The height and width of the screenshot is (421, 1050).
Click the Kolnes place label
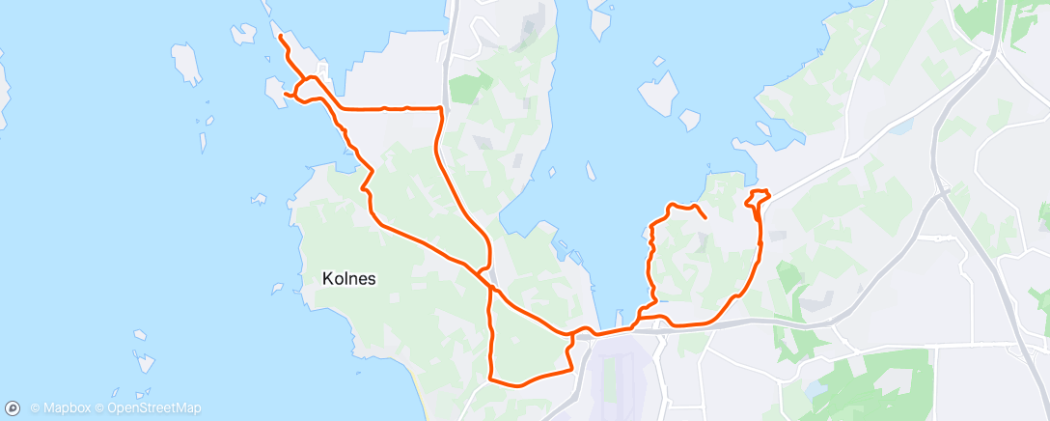[348, 278]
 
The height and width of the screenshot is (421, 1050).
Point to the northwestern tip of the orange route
[280, 37]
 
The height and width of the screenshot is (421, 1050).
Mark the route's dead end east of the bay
[706, 218]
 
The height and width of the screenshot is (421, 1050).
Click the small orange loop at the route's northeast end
[760, 197]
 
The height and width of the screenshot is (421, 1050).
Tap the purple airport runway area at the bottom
[618, 377]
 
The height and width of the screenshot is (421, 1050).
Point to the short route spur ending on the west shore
[288, 94]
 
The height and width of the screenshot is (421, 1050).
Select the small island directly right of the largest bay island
[689, 120]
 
